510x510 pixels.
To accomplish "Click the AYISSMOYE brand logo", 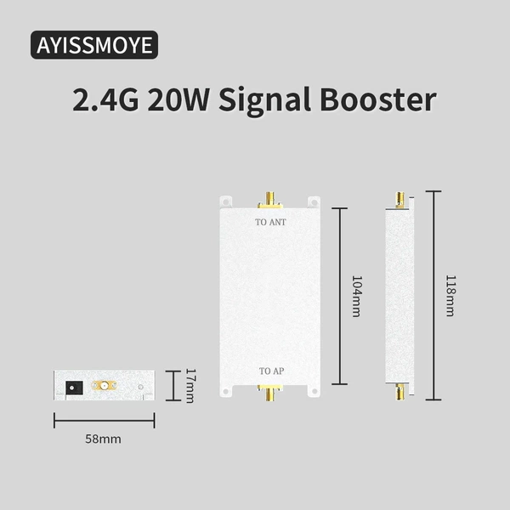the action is pyautogui.click(x=94, y=45).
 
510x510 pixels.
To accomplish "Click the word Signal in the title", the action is pyautogui.click(x=264, y=100).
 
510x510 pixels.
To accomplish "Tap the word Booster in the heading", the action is pyautogui.click(x=378, y=99).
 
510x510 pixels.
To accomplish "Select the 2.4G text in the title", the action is pyautogui.click(x=105, y=99).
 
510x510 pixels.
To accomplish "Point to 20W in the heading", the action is pyautogui.click(x=178, y=99).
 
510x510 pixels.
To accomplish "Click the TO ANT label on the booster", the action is pyautogui.click(x=270, y=222).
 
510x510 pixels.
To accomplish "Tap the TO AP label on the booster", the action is pyautogui.click(x=272, y=371).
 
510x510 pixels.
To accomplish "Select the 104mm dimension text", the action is pyautogui.click(x=357, y=297).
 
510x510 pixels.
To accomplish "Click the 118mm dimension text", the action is pyautogui.click(x=450, y=296).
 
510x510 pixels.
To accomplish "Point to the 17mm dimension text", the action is pyautogui.click(x=190, y=386).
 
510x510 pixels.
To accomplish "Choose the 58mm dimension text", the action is pyautogui.click(x=103, y=439).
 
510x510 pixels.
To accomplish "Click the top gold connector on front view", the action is pyautogui.click(x=270, y=200).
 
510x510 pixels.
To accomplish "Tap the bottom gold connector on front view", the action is pyautogui.click(x=270, y=393).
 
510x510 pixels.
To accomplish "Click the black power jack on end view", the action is pyautogui.click(x=74, y=388).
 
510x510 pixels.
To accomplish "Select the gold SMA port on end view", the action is pyautogui.click(x=105, y=386).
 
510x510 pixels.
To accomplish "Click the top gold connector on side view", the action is pyautogui.click(x=399, y=200).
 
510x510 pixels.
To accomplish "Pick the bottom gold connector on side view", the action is pyautogui.click(x=400, y=392).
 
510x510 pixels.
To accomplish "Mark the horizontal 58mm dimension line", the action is pyautogui.click(x=104, y=421).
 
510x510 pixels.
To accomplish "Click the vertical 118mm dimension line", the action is pyautogui.click(x=433, y=295).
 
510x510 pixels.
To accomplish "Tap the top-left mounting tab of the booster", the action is pyautogui.click(x=226, y=202).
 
